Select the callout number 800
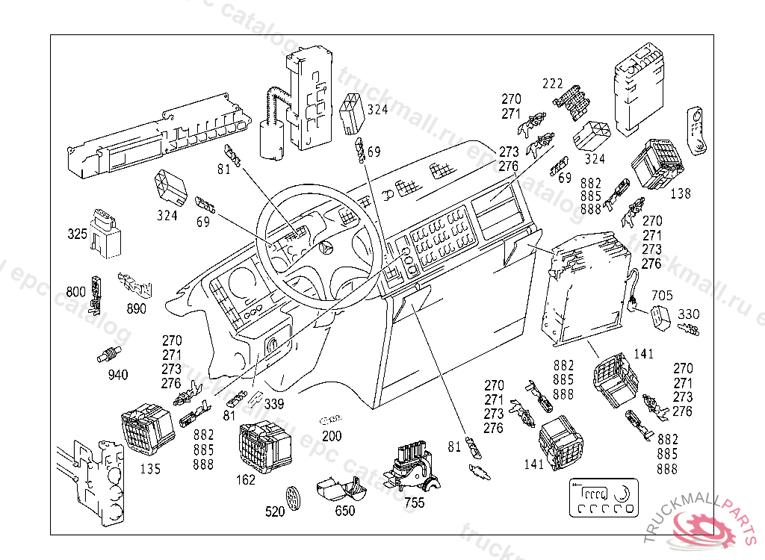coord(76,293)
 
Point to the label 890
coord(137,308)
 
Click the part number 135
coord(150,470)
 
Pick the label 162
coord(246,480)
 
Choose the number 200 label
coord(332,436)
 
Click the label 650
coord(344,511)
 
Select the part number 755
coord(414,503)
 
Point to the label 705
coord(663,296)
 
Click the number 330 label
coord(689,314)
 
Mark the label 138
coord(681,193)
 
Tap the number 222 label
coord(553,83)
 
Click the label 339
coord(274,405)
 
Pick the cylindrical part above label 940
coord(109,355)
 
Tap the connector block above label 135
coord(146,429)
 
